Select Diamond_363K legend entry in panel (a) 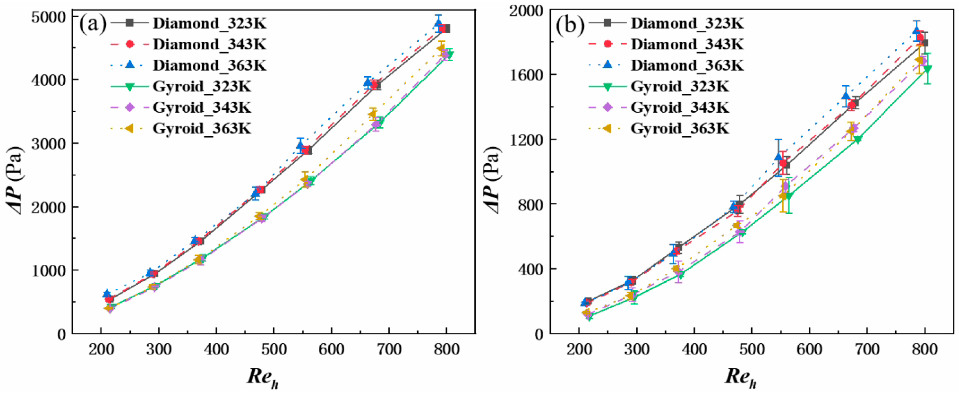210,66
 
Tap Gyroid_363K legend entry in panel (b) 679,129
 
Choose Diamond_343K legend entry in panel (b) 687,44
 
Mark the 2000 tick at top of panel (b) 526,10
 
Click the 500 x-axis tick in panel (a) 274,350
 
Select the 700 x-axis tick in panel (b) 867,350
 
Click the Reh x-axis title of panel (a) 263,377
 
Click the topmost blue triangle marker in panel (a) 439,24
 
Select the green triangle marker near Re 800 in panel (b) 927,69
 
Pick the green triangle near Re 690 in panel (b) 858,140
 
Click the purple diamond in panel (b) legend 607,107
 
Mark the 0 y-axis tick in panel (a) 62,334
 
